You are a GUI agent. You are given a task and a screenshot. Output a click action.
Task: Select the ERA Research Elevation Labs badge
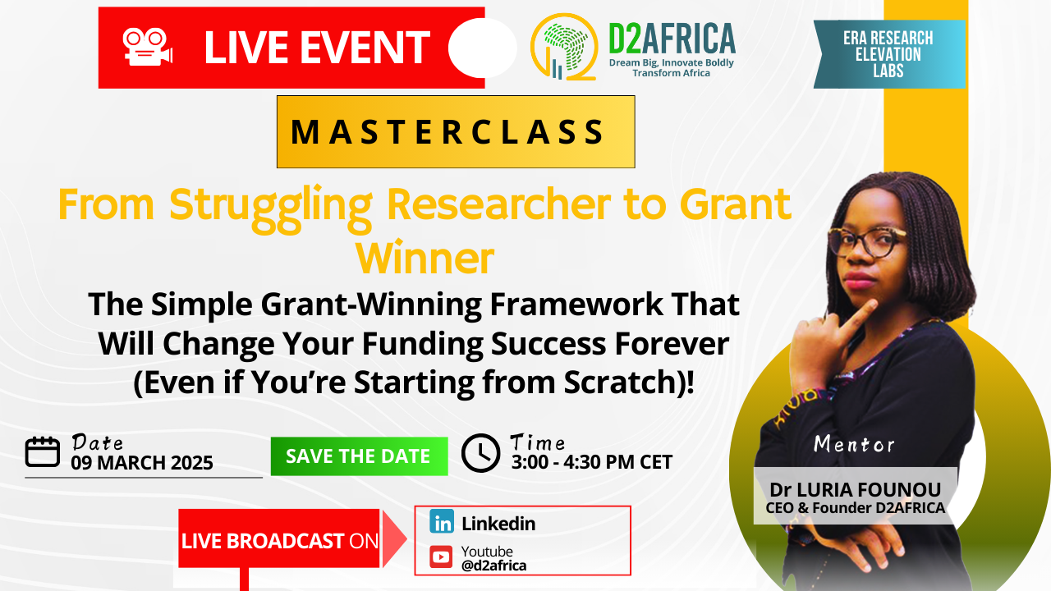pos(888,54)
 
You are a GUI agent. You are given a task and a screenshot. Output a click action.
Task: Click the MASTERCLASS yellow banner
pos(456,131)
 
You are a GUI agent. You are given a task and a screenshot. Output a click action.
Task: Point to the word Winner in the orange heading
pos(425,259)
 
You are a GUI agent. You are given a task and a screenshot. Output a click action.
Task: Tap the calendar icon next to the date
pos(43,452)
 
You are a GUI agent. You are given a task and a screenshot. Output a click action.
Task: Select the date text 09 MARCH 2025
pos(142,463)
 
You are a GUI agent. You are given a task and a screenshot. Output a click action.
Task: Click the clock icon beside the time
pos(480,452)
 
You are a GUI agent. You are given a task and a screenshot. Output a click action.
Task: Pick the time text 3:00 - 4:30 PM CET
pos(591,462)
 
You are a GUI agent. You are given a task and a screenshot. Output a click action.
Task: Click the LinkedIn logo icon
pos(442,522)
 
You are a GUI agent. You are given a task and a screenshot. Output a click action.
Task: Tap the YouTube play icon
pos(442,557)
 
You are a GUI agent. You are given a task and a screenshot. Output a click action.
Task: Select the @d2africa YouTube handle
pos(493,566)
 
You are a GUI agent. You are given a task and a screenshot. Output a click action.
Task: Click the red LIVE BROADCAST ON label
pos(279,541)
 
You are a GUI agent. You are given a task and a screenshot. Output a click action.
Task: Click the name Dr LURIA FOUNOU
pos(855,490)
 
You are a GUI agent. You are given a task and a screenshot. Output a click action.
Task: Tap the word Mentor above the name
pos(854,445)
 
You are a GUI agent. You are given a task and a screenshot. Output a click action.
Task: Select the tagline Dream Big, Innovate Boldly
pos(671,62)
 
